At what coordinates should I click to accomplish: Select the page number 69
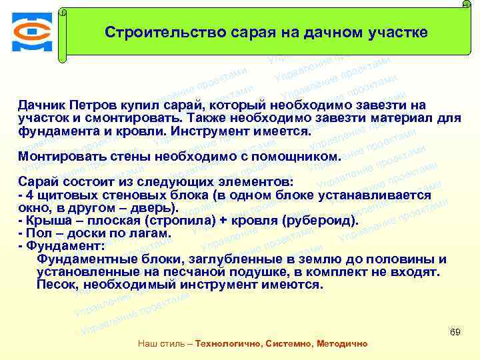tap(456, 331)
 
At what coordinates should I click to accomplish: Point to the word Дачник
tap(41, 105)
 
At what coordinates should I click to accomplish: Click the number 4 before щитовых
tap(29, 195)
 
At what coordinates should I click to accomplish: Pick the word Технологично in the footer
tap(227, 343)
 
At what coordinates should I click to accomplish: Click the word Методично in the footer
tap(339, 343)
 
